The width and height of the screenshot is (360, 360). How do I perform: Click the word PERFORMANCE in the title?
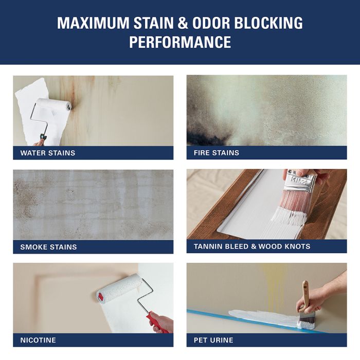point(180,42)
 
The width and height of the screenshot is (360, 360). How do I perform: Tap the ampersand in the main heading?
point(183,23)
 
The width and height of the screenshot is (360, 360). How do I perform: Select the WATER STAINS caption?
point(48,153)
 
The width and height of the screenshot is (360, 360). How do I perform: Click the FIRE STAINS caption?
point(217,153)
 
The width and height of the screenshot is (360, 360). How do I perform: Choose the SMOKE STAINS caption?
point(48,247)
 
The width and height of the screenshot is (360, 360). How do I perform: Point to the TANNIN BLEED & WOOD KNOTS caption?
point(252,246)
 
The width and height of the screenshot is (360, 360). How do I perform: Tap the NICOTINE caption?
point(38,340)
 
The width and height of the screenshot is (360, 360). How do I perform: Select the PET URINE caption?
point(213,340)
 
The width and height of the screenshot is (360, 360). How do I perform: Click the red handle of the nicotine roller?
point(157,322)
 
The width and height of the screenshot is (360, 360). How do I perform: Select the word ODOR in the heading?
point(211,23)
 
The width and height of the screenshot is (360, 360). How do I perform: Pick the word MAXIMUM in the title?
point(93,23)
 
